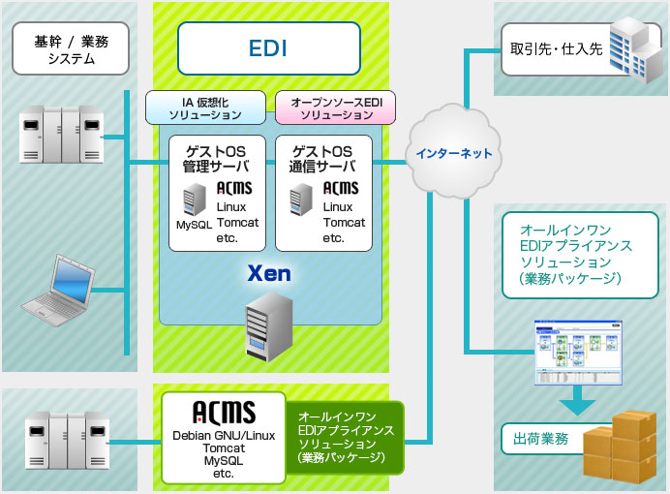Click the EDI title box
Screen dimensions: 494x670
[268, 47]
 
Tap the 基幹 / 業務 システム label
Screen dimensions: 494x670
[71, 48]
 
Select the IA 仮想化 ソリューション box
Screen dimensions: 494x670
[204, 108]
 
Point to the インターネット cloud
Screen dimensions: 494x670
[453, 153]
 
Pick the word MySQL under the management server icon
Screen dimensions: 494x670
[193, 225]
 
